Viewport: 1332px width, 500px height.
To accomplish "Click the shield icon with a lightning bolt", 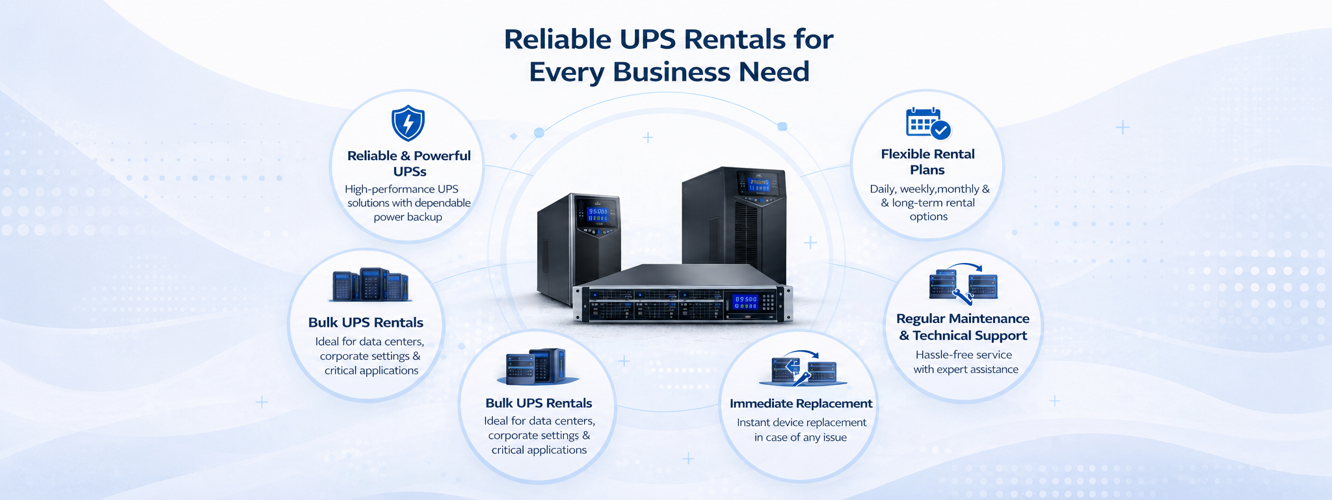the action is tap(408, 123).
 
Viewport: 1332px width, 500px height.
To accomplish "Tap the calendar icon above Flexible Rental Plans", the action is tap(928, 123).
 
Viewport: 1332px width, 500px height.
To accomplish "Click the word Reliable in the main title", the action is tap(557, 39).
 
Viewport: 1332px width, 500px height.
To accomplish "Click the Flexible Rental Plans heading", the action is tap(927, 161).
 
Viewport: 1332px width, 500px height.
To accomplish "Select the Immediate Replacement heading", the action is tap(801, 404).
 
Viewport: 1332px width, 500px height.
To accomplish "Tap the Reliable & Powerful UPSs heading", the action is tap(409, 163).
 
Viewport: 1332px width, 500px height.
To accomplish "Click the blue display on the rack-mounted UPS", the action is tap(745, 302).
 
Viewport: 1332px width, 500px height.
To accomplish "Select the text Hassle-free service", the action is tap(964, 355).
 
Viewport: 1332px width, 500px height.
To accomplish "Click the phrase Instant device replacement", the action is tap(801, 423).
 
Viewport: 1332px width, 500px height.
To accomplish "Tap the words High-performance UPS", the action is tap(401, 189).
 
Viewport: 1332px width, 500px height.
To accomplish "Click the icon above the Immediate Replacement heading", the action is tap(803, 369).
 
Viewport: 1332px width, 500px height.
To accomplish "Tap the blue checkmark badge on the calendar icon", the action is tap(940, 130).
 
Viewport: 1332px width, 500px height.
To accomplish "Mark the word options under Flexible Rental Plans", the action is tap(929, 217).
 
